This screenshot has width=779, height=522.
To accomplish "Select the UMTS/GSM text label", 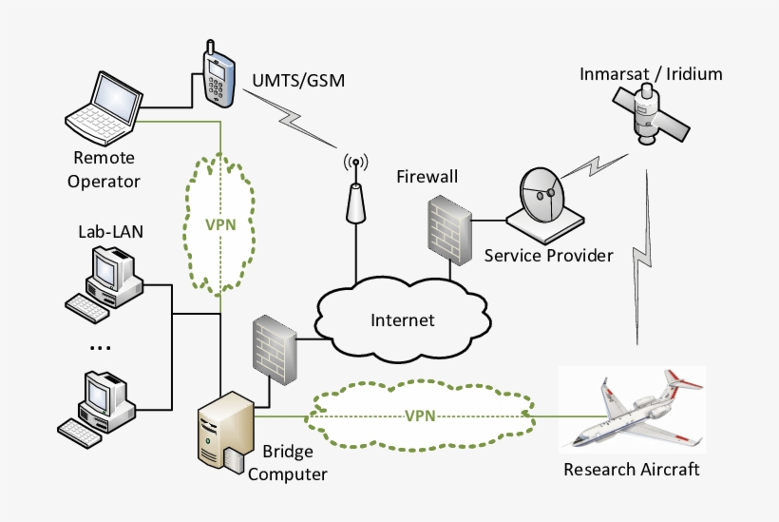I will (x=298, y=80).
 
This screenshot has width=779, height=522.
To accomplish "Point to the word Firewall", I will (x=427, y=177).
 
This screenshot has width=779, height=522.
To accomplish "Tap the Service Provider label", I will (x=548, y=255).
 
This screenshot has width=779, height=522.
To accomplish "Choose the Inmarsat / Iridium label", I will (x=651, y=73).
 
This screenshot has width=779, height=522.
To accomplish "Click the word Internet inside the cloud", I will (x=402, y=319).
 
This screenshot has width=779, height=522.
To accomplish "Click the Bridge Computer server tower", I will (x=224, y=433).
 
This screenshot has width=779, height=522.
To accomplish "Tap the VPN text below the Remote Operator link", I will (x=220, y=225).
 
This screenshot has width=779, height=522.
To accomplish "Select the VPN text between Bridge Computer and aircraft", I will (x=420, y=416).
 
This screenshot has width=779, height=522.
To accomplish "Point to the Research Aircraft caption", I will (x=631, y=470).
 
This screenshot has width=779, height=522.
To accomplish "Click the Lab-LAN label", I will (x=105, y=231).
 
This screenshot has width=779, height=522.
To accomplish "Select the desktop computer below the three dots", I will (x=99, y=404).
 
